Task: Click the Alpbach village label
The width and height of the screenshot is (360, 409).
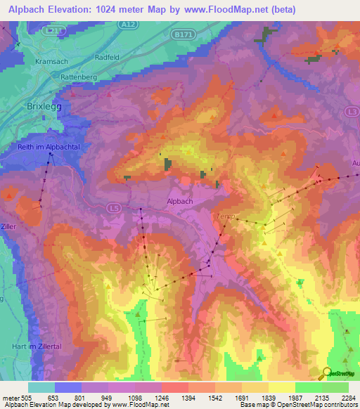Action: pyautogui.click(x=180, y=201)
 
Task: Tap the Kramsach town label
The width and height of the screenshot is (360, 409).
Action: pyautogui.click(x=50, y=62)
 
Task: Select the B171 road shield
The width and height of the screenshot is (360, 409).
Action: pyautogui.click(x=183, y=34)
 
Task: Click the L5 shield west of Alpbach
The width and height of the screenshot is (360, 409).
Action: pyautogui.click(x=115, y=208)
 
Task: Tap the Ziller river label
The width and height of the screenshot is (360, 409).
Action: pyautogui.click(x=8, y=227)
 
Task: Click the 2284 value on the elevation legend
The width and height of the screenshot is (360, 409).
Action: pyautogui.click(x=349, y=397)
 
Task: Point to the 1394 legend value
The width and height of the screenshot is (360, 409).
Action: pyautogui.click(x=188, y=397)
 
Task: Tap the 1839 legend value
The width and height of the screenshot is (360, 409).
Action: pyautogui.click(x=269, y=397)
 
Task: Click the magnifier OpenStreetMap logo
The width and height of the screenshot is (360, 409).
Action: pyautogui.click(x=327, y=373)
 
